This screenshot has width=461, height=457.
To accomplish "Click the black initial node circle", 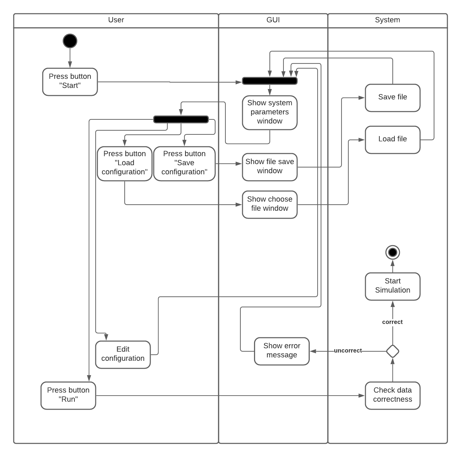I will tap(70, 41).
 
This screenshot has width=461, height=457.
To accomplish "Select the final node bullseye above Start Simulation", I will tap(392, 252).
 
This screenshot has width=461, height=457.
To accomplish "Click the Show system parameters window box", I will tap(270, 113).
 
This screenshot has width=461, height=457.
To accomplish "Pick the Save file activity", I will tap(392, 98).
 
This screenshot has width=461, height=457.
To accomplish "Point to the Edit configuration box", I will tap(123, 355).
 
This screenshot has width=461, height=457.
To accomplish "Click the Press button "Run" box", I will tap(68, 396).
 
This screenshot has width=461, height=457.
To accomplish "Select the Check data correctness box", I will tap(392, 396).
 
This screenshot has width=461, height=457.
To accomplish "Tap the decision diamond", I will tap(392, 351).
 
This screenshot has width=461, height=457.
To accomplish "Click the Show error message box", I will tap(282, 351).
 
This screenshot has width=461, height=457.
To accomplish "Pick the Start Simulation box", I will tap(392, 286).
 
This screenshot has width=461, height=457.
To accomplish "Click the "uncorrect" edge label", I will tap(348, 351).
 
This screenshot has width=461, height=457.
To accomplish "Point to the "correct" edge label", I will tap(392, 322).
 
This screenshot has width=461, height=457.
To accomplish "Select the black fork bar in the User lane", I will tap(181, 119).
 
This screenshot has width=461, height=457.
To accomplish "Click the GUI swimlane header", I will tap(273, 20).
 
